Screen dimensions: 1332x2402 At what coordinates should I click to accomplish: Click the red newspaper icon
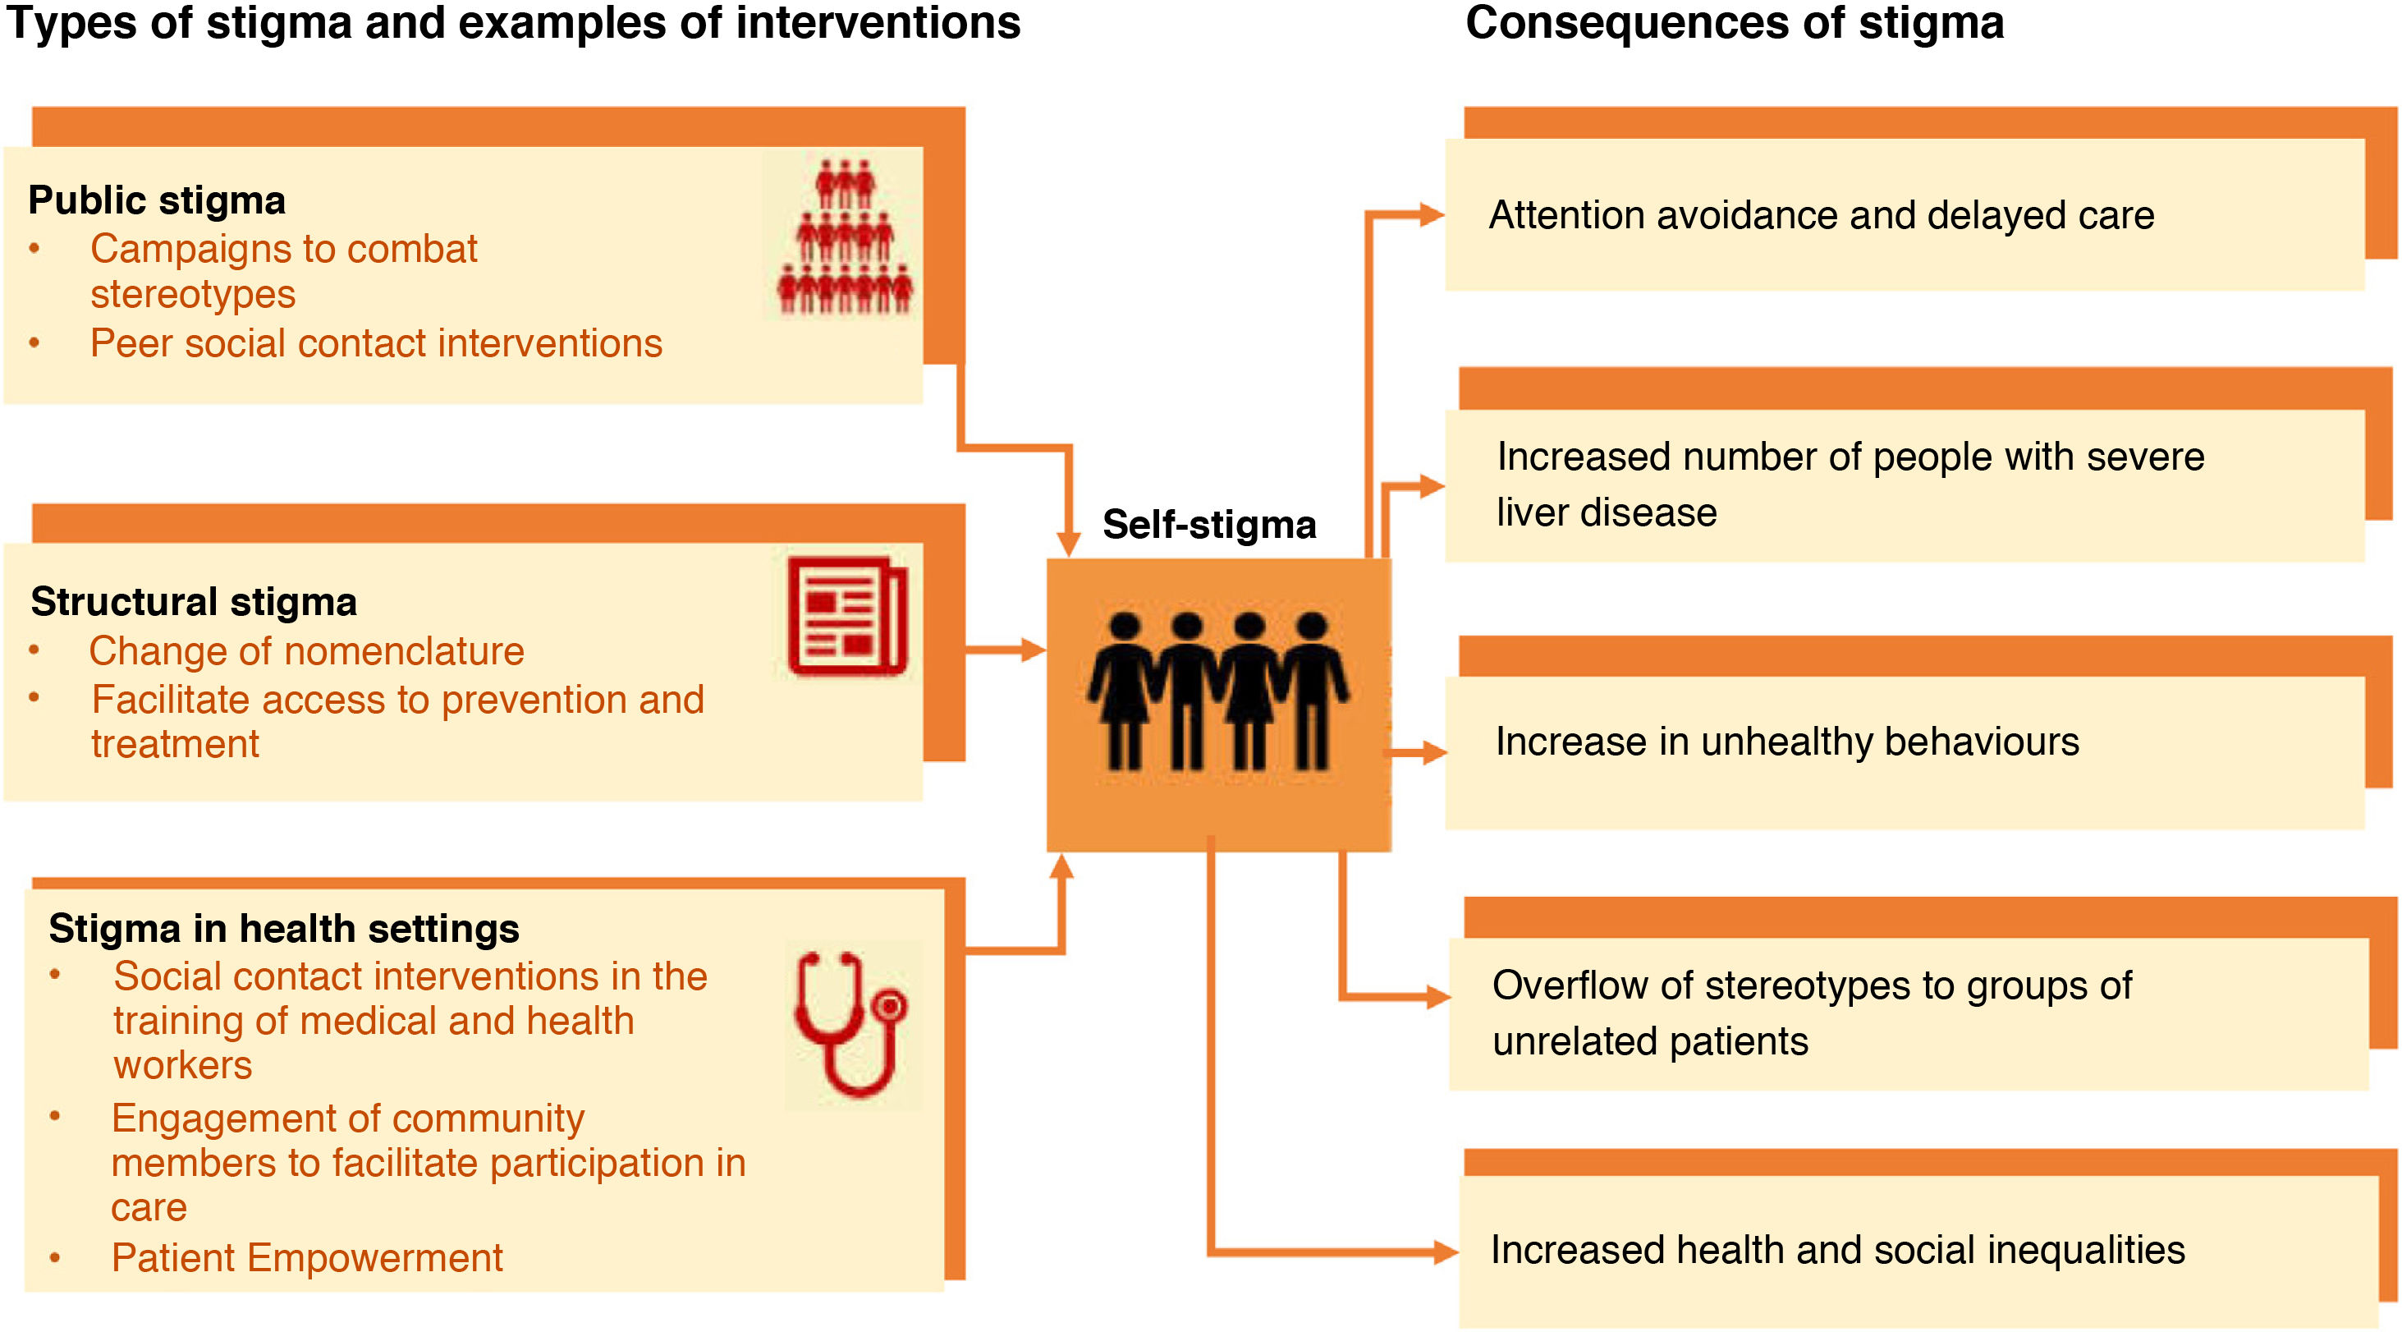click(846, 616)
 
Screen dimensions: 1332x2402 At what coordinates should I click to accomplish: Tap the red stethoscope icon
click(850, 1023)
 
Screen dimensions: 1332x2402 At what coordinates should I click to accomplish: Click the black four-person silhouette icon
click(1217, 691)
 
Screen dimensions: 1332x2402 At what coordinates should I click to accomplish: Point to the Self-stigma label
click(1208, 524)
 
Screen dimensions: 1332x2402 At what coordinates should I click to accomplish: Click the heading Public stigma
click(157, 200)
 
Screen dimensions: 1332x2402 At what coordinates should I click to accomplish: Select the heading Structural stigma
click(193, 602)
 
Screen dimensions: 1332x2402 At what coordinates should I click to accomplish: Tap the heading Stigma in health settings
click(283, 928)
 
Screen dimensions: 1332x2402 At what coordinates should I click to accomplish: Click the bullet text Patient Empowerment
click(307, 1257)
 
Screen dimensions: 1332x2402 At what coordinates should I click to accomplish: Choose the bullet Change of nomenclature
click(306, 651)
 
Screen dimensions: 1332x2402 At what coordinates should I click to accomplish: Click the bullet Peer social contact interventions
click(376, 343)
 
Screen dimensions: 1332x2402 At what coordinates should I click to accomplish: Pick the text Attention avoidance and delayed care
click(1821, 215)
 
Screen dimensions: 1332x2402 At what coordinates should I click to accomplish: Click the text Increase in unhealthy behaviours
click(1786, 742)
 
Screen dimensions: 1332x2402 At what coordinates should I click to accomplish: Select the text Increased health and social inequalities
click(1837, 1250)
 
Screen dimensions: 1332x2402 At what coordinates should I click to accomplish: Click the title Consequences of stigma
click(1735, 22)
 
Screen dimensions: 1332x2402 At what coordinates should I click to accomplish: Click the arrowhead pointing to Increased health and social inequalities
click(1446, 1252)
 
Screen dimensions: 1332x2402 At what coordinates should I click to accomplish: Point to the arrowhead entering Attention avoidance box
click(1432, 215)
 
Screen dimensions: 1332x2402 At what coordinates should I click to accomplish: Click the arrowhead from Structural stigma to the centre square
click(1034, 650)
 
